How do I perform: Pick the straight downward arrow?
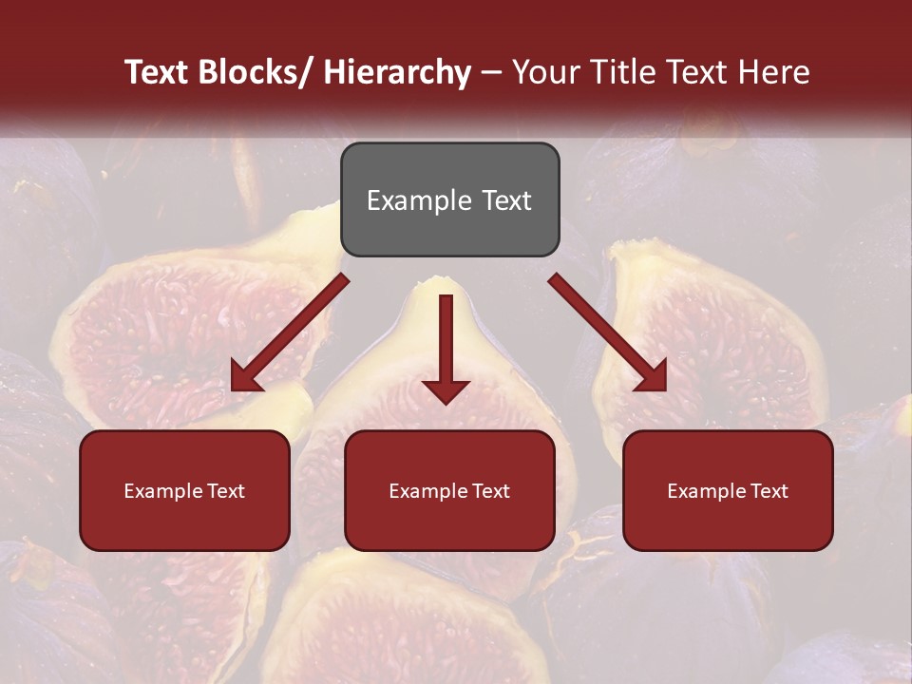(x=446, y=347)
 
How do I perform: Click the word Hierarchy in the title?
(x=397, y=72)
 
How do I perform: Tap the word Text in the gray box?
(x=505, y=200)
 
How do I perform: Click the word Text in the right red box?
(x=769, y=491)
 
